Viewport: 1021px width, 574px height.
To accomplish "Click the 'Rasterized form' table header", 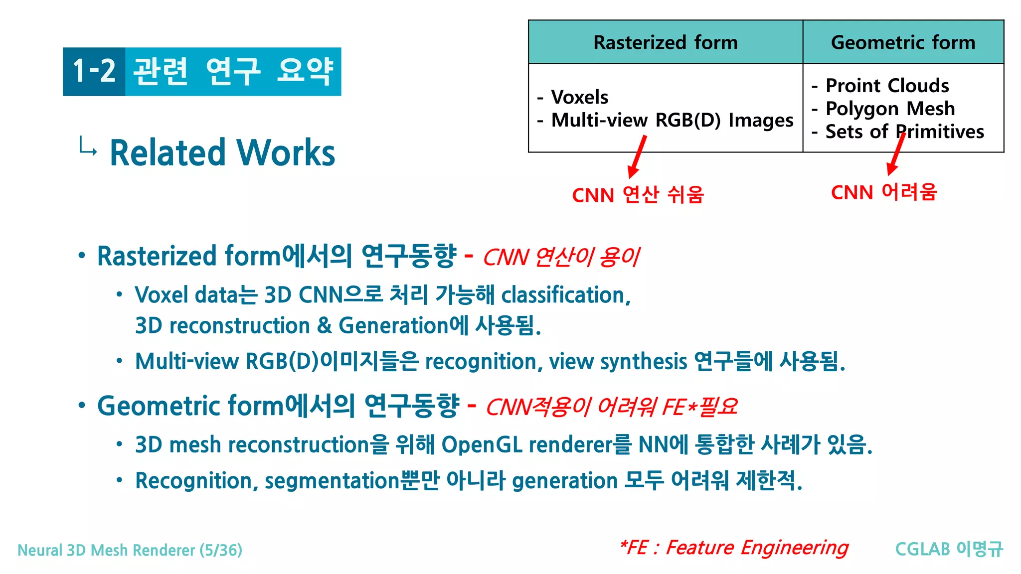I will click(x=665, y=42).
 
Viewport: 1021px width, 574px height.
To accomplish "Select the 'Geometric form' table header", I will click(x=903, y=42).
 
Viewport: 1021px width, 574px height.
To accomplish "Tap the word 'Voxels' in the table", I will click(x=580, y=97).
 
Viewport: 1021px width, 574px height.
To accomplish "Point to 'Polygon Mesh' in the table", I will click(x=890, y=109).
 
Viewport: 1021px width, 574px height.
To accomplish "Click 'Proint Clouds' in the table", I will click(x=887, y=86).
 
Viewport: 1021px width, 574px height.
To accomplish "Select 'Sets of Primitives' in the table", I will click(x=904, y=132).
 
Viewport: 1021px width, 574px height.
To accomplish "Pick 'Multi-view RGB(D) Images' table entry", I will click(x=672, y=121).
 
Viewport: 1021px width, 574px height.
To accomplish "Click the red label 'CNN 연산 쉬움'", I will click(x=638, y=195).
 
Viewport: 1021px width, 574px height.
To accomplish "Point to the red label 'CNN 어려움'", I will click(x=884, y=192).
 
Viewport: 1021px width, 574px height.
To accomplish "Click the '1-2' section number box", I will click(x=94, y=71).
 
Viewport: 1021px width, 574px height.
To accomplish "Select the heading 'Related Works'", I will click(x=222, y=152).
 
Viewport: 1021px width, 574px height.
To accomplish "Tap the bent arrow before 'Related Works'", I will click(x=88, y=146).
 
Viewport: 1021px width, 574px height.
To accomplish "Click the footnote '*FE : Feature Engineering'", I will click(x=733, y=548).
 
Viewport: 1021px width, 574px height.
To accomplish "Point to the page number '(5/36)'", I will click(x=221, y=550).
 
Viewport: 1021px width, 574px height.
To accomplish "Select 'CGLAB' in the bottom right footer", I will click(x=922, y=549).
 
